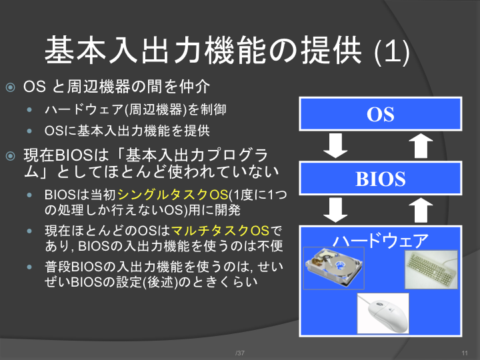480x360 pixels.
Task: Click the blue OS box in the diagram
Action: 381,114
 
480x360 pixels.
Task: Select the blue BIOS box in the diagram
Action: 381,179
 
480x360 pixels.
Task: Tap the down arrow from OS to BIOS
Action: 335,146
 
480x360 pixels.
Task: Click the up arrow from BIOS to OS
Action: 421,146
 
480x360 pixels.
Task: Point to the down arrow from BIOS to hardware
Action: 335,210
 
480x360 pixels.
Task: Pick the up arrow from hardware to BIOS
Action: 421,210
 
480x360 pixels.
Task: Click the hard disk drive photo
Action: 334,268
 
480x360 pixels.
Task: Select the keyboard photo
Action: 431,269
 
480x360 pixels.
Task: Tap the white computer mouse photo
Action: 383,313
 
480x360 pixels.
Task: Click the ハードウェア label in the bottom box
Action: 381,240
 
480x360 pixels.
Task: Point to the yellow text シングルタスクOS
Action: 173,195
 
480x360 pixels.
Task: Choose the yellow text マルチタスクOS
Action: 220,231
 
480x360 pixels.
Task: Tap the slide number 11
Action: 465,353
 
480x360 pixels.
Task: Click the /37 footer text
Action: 240,353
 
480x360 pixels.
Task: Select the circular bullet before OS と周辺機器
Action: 11,87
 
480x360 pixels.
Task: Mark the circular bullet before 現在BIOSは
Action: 11,156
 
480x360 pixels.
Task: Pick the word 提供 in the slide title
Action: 331,50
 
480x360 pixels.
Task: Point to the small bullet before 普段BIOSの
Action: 29,267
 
